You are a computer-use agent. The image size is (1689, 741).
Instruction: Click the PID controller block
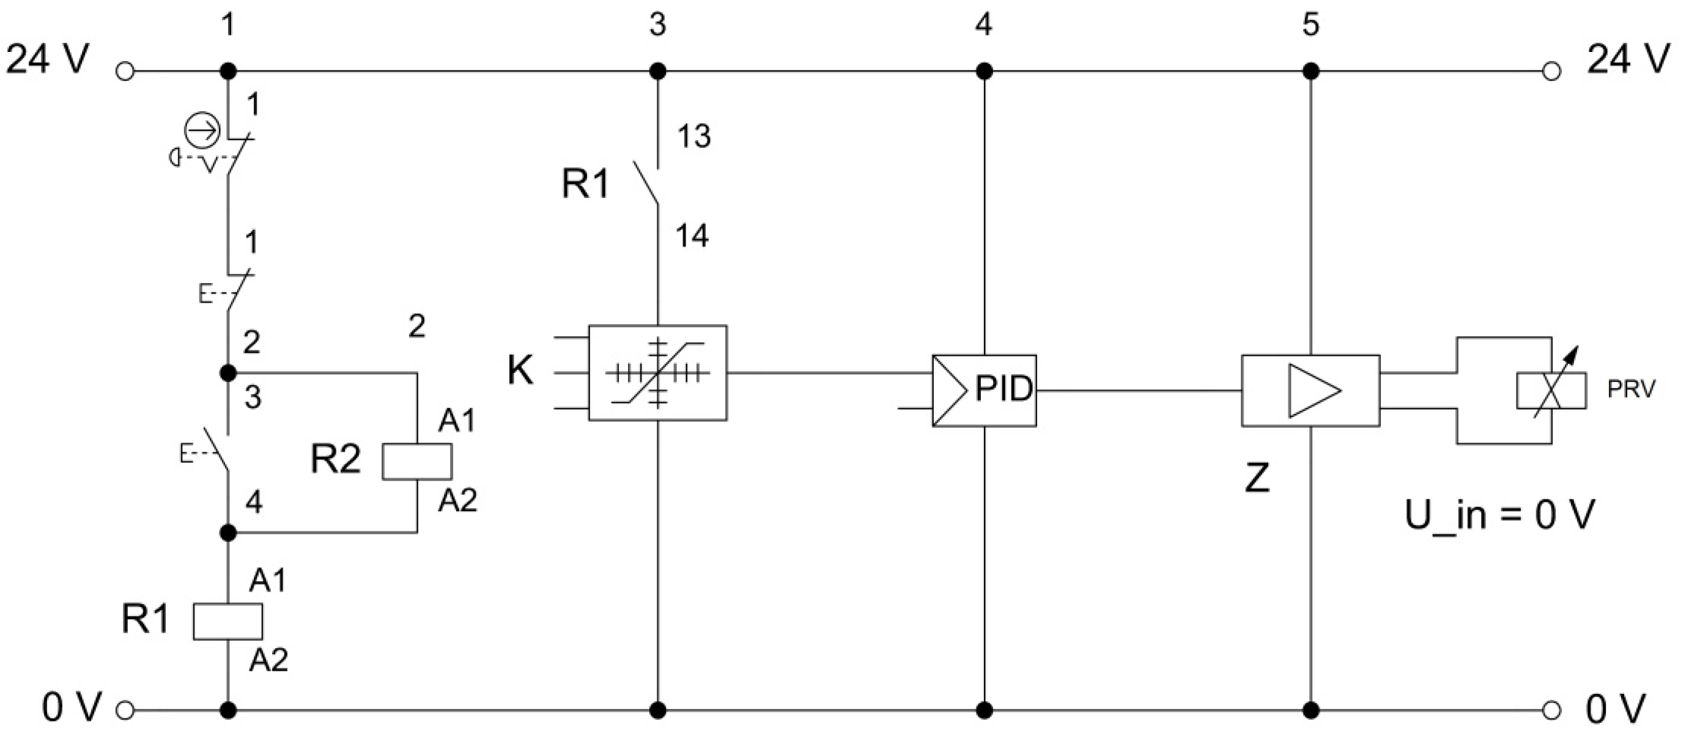coord(984,391)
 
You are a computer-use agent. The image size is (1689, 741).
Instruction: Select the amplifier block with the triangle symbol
coord(1310,391)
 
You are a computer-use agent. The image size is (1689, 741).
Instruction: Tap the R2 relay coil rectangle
coord(417,462)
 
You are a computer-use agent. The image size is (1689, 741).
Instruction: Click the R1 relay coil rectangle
coord(227,621)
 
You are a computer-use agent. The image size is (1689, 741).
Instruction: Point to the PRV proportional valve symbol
coord(1551,391)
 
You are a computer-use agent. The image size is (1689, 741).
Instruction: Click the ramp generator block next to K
coord(657,372)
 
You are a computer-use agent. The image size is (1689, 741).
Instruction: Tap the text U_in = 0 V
coord(1499,515)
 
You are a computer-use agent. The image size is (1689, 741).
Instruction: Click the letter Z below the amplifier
coord(1257,478)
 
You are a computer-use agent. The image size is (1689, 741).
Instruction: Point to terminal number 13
coord(693,136)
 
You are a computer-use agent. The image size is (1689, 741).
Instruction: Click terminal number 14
coord(692,236)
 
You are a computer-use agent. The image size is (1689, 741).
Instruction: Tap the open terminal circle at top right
coord(1551,71)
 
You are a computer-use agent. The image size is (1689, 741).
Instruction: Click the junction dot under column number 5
coord(1310,71)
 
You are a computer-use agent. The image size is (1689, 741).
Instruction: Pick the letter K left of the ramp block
coord(520,371)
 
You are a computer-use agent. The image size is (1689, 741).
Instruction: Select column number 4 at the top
coord(983,25)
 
